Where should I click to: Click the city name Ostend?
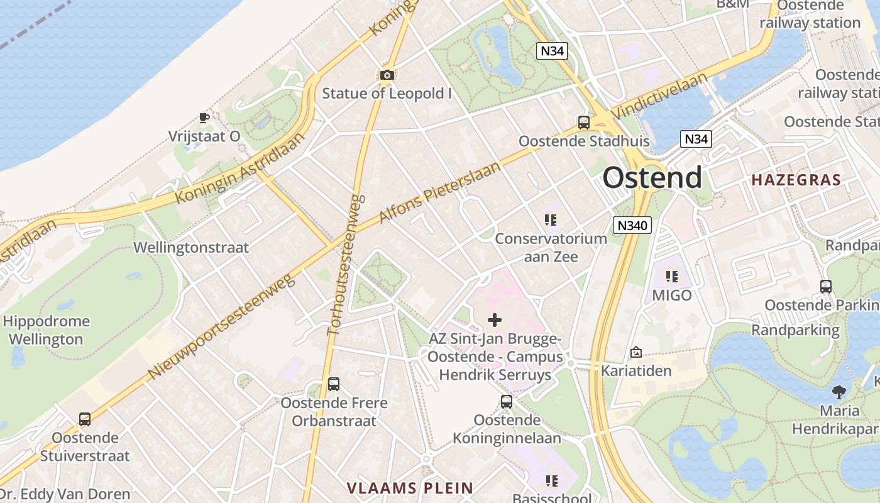pyautogui.click(x=652, y=178)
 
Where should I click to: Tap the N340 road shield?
pyautogui.click(x=632, y=225)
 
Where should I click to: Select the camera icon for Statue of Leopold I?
pyautogui.click(x=387, y=75)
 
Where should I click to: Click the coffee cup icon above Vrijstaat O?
pyautogui.click(x=204, y=117)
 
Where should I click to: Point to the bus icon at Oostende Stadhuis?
pyautogui.click(x=584, y=122)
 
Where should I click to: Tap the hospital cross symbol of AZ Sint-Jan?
pyautogui.click(x=495, y=320)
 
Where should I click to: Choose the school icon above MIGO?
pyautogui.click(x=672, y=276)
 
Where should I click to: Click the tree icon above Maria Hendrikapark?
pyautogui.click(x=839, y=392)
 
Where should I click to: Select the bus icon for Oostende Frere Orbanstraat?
pyautogui.click(x=334, y=384)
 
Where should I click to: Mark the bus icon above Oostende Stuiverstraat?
pyautogui.click(x=84, y=419)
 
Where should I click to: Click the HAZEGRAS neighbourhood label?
pyautogui.click(x=796, y=180)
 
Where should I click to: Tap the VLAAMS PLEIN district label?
pyautogui.click(x=410, y=487)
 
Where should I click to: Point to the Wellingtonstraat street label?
pyautogui.click(x=191, y=247)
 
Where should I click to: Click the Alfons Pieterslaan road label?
pyautogui.click(x=440, y=192)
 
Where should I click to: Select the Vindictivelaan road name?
pyautogui.click(x=659, y=95)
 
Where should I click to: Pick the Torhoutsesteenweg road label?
pyautogui.click(x=347, y=264)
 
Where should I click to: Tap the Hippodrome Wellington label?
pyautogui.click(x=46, y=330)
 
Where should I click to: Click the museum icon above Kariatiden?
pyautogui.click(x=636, y=352)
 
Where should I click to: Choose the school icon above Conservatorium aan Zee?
pyautogui.click(x=551, y=220)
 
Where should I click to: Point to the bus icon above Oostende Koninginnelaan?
pyautogui.click(x=507, y=401)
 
